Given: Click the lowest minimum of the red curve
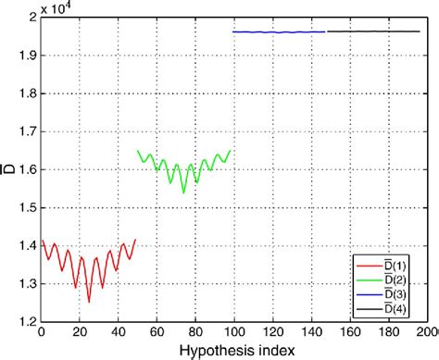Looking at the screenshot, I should [89, 301].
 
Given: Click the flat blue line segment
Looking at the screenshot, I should [278, 32].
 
